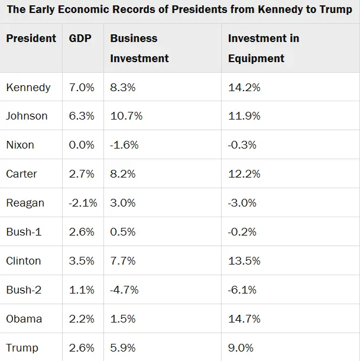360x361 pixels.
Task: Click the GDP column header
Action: click(x=80, y=38)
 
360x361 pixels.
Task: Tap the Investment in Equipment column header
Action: click(x=263, y=48)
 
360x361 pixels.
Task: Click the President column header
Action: click(x=31, y=38)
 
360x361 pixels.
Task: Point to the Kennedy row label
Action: click(x=28, y=88)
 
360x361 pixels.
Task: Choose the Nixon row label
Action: click(x=20, y=145)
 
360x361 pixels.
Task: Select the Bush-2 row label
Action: click(x=24, y=290)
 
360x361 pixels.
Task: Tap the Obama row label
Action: click(x=24, y=319)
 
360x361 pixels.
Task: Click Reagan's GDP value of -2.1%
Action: click(x=82, y=203)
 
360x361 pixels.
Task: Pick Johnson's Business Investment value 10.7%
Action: click(x=126, y=116)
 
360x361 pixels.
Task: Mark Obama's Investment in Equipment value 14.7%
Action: click(x=244, y=319)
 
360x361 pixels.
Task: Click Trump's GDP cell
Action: click(x=82, y=348)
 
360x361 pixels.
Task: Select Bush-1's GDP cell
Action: click(x=82, y=232)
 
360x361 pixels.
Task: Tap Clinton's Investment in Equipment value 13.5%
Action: click(x=244, y=261)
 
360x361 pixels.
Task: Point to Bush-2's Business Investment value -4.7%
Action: click(x=124, y=290)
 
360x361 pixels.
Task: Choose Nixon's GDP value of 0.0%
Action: click(x=82, y=145)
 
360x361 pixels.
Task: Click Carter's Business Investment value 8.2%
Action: click(x=122, y=174)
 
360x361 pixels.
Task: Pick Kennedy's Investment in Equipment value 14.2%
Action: click(x=244, y=88)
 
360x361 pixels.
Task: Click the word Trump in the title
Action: click(x=336, y=10)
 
